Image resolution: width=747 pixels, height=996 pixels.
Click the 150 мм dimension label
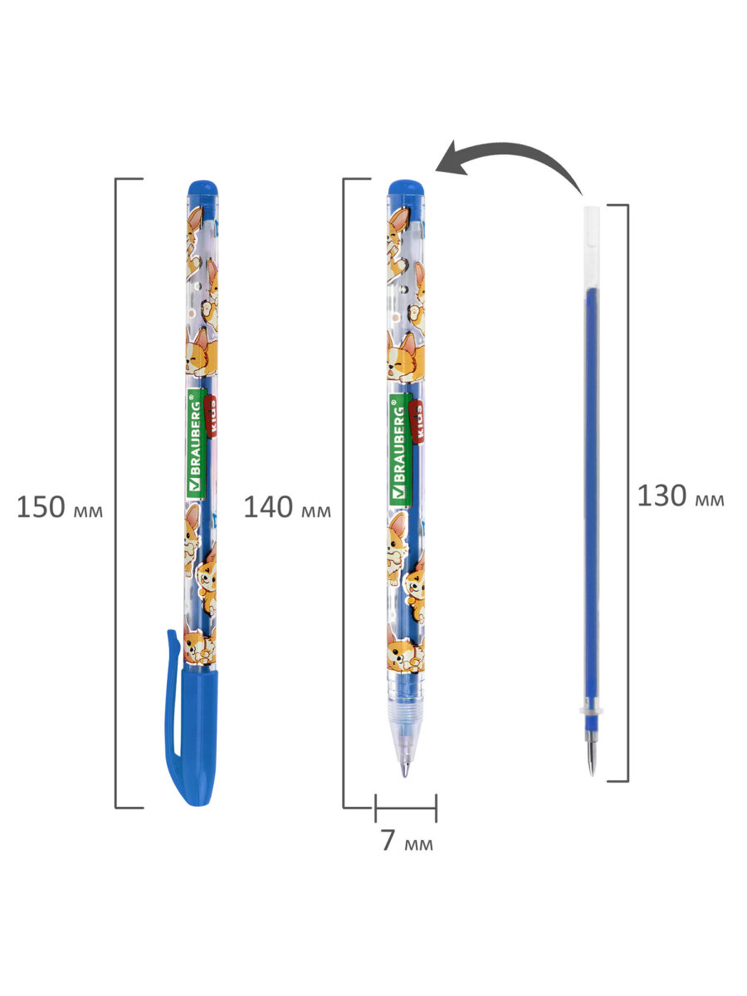click(60, 507)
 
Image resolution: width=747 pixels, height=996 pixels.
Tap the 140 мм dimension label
click(287, 507)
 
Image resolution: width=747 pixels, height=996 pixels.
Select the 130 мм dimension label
click(681, 496)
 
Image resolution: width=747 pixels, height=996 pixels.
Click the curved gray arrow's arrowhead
click(452, 159)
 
